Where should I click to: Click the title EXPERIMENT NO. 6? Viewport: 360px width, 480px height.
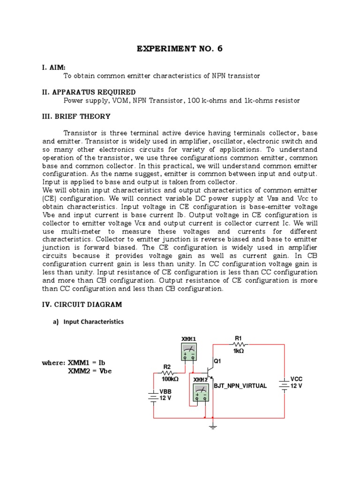[x=180, y=49]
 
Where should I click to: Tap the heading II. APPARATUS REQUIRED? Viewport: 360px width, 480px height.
[x=89, y=92]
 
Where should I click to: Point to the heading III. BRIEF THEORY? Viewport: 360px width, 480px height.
[x=76, y=117]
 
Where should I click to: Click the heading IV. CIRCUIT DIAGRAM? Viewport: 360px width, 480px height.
[x=82, y=305]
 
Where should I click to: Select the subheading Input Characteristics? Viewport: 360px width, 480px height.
[x=94, y=322]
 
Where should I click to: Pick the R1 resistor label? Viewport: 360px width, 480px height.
[x=238, y=338]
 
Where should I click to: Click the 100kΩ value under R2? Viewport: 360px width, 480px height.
[x=170, y=379]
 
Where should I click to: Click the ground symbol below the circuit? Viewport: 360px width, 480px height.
[x=213, y=427]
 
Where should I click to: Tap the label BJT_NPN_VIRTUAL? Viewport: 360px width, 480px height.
[x=240, y=386]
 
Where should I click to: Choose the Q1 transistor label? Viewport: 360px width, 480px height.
[x=217, y=361]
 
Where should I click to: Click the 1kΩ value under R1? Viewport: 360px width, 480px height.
[x=239, y=350]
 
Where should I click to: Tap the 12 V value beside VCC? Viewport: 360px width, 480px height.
[x=296, y=386]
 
